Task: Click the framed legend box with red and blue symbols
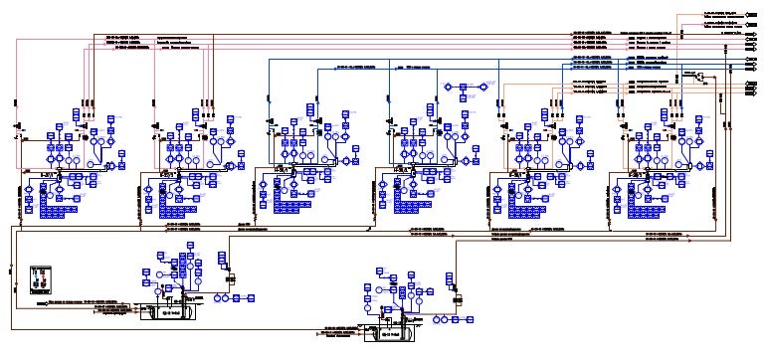coord(40,278)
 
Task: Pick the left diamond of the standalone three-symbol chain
coord(448,86)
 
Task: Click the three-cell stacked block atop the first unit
coord(77,110)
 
